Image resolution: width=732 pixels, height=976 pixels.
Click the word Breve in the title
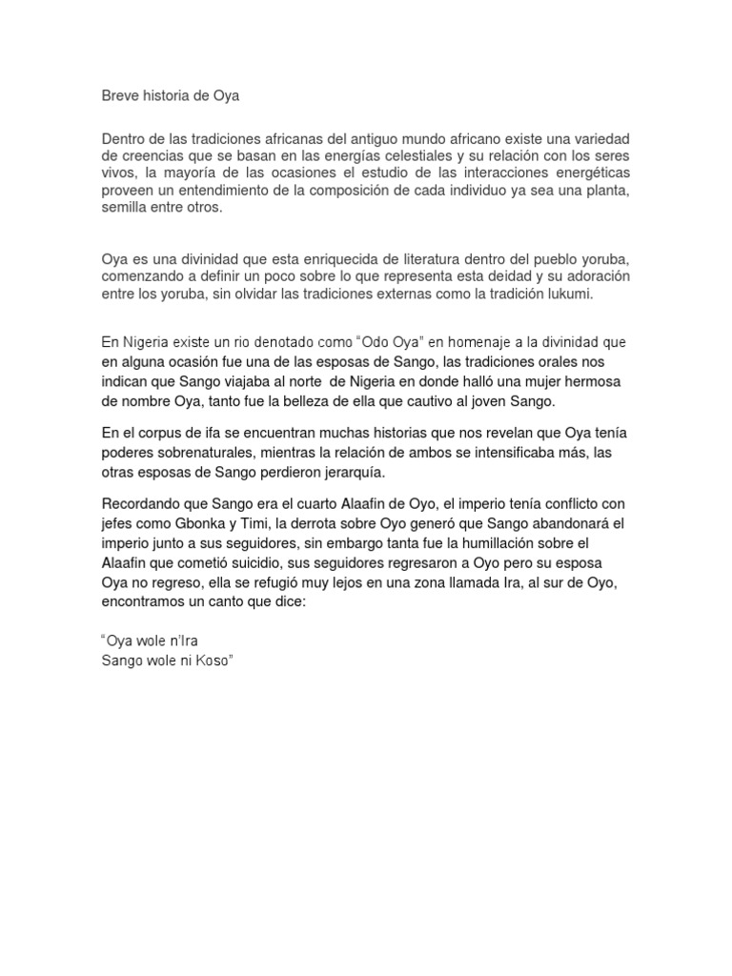[x=120, y=95]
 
